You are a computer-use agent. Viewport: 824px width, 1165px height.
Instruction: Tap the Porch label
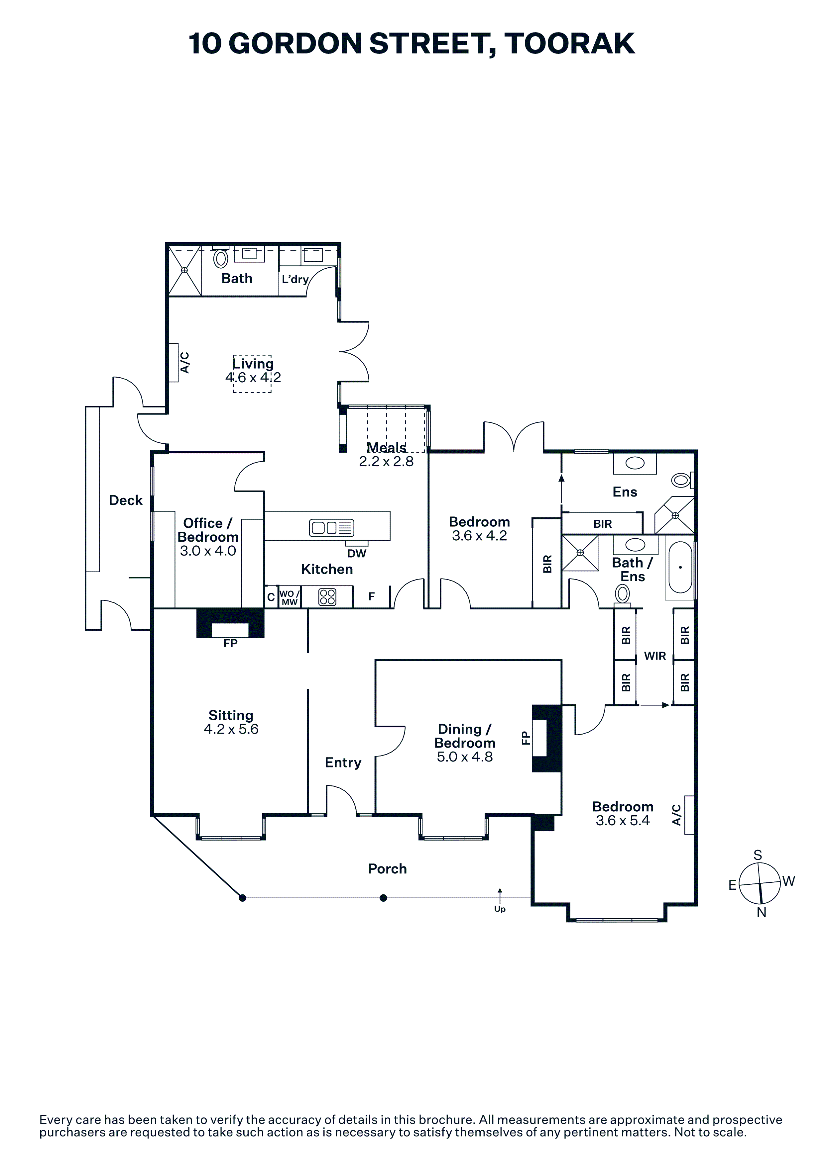387,869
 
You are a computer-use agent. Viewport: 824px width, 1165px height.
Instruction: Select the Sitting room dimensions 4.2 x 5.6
231,729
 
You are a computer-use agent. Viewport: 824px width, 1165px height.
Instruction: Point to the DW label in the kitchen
357,554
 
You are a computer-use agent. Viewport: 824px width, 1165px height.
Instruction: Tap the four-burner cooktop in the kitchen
327,597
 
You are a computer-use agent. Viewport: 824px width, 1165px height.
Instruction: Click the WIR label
655,656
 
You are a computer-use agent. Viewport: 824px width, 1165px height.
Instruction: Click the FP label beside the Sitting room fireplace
230,643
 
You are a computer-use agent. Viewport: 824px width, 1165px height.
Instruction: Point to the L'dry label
295,279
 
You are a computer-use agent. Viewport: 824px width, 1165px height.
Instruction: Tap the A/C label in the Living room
185,363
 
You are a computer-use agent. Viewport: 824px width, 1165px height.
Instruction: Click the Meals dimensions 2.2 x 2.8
386,461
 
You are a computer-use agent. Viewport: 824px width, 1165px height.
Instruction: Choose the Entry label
343,762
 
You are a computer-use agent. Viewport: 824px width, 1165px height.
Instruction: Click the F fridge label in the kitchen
372,597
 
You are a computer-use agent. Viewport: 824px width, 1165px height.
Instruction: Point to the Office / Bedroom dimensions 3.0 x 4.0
208,551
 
